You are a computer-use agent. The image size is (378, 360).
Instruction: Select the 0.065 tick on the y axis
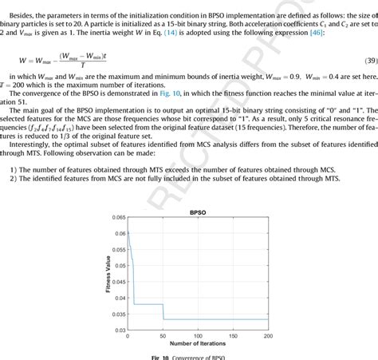(x=118, y=217)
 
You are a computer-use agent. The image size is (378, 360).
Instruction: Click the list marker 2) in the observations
(x=13, y=178)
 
